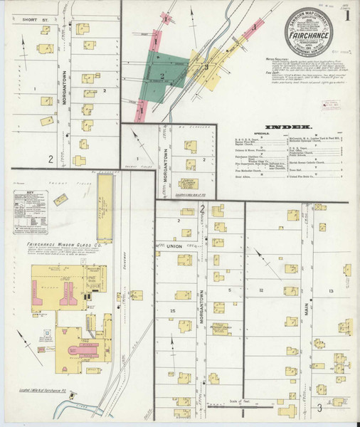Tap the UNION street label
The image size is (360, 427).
coord(175,246)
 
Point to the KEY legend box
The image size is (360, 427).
coord(27,213)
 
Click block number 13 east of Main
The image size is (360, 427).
coord(331,292)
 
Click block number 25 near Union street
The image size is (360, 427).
coord(172,312)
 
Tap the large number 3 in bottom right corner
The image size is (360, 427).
coord(319,408)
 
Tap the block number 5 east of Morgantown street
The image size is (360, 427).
coord(229,290)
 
